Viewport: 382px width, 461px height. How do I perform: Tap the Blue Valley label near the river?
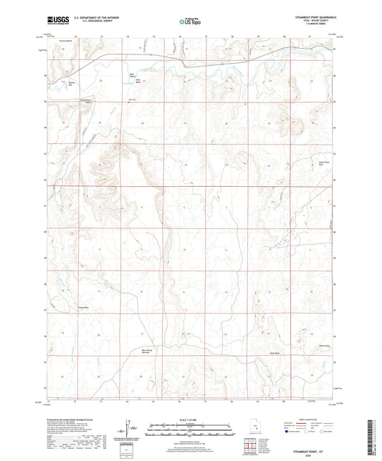[133, 74]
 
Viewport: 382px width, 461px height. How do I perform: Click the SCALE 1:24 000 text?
[190, 410]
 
